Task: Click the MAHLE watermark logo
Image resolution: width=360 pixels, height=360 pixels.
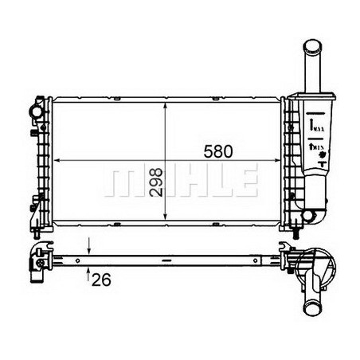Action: click(x=182, y=181)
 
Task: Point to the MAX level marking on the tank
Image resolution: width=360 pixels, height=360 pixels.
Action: click(x=315, y=126)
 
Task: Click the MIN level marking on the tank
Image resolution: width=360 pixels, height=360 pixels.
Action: click(x=315, y=147)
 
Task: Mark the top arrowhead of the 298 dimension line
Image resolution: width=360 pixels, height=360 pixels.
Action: click(x=164, y=103)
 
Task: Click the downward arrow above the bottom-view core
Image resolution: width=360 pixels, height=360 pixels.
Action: click(x=89, y=248)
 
